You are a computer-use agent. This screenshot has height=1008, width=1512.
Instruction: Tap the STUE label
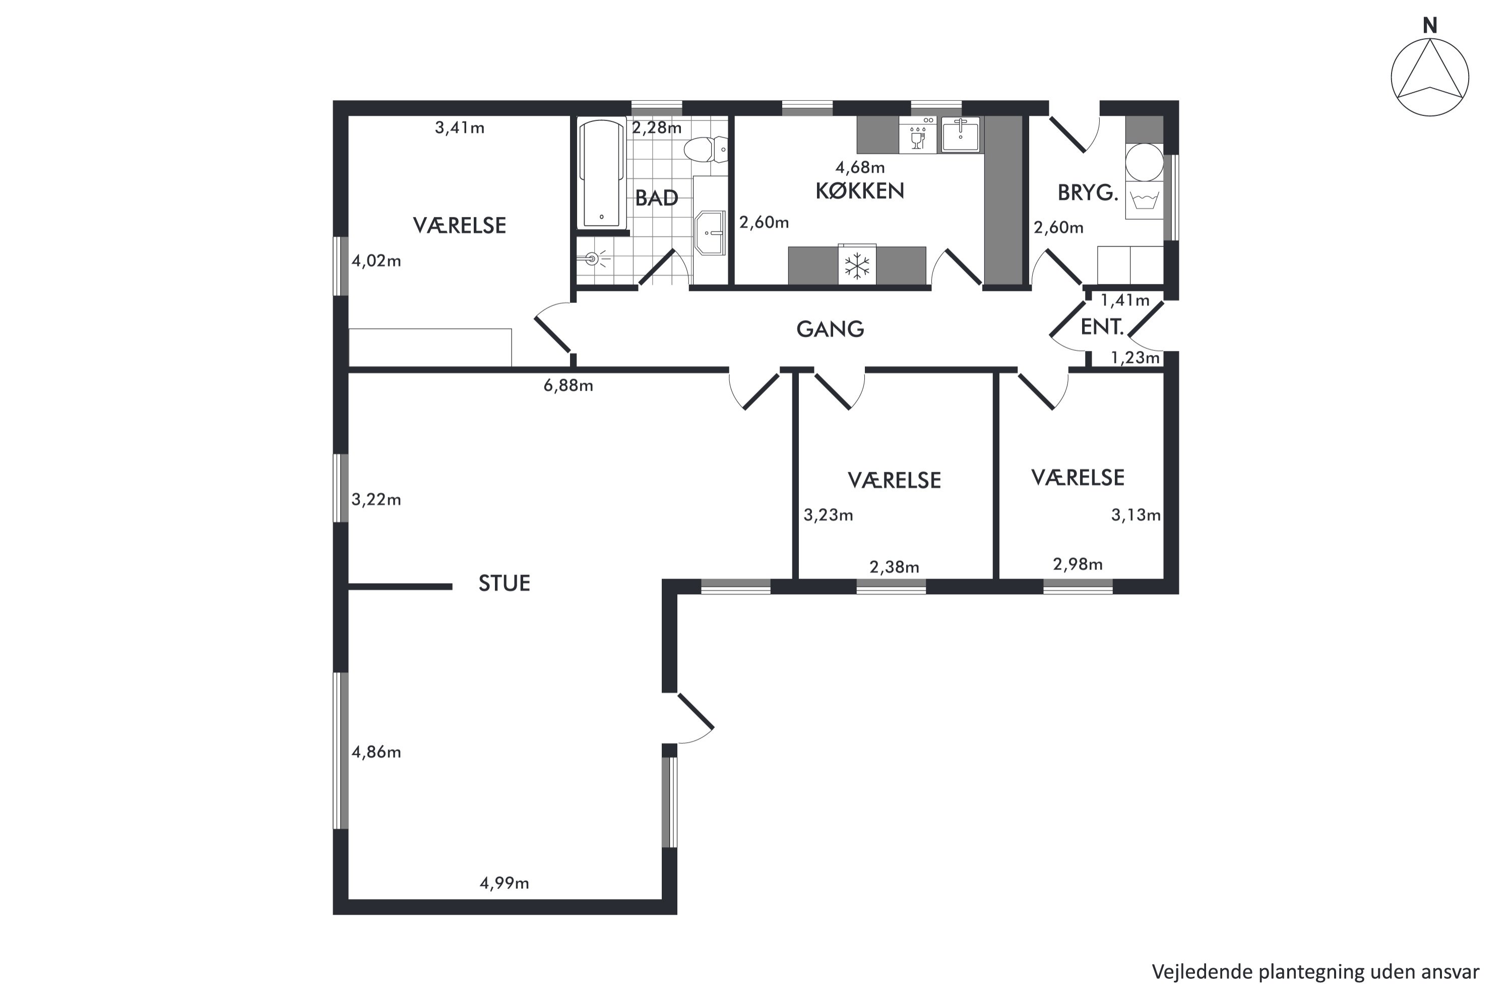pos(504,583)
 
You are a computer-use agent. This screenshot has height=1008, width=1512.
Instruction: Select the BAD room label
pos(656,198)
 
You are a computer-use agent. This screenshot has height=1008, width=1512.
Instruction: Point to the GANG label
pos(830,329)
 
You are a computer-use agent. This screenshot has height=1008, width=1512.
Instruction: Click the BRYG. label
pos(1088,193)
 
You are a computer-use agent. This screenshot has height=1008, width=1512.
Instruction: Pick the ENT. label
pos(1102,327)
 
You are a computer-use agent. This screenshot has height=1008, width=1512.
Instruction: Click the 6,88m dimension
pos(569,386)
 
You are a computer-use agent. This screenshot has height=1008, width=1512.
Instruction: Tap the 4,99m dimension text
pos(504,884)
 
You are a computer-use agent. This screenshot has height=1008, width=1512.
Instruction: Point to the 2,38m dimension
pos(894,567)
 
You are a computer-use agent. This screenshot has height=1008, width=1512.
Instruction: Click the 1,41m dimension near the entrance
pos(1125,300)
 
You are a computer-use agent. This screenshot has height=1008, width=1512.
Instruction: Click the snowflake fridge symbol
pos(857,266)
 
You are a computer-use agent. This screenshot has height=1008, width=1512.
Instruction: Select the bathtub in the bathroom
pos(602,173)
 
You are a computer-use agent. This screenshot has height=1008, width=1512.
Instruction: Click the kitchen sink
pos(961,135)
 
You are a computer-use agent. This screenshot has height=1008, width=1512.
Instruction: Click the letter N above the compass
pos(1430,26)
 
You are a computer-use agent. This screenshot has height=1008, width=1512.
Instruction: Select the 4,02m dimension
pos(376,261)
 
